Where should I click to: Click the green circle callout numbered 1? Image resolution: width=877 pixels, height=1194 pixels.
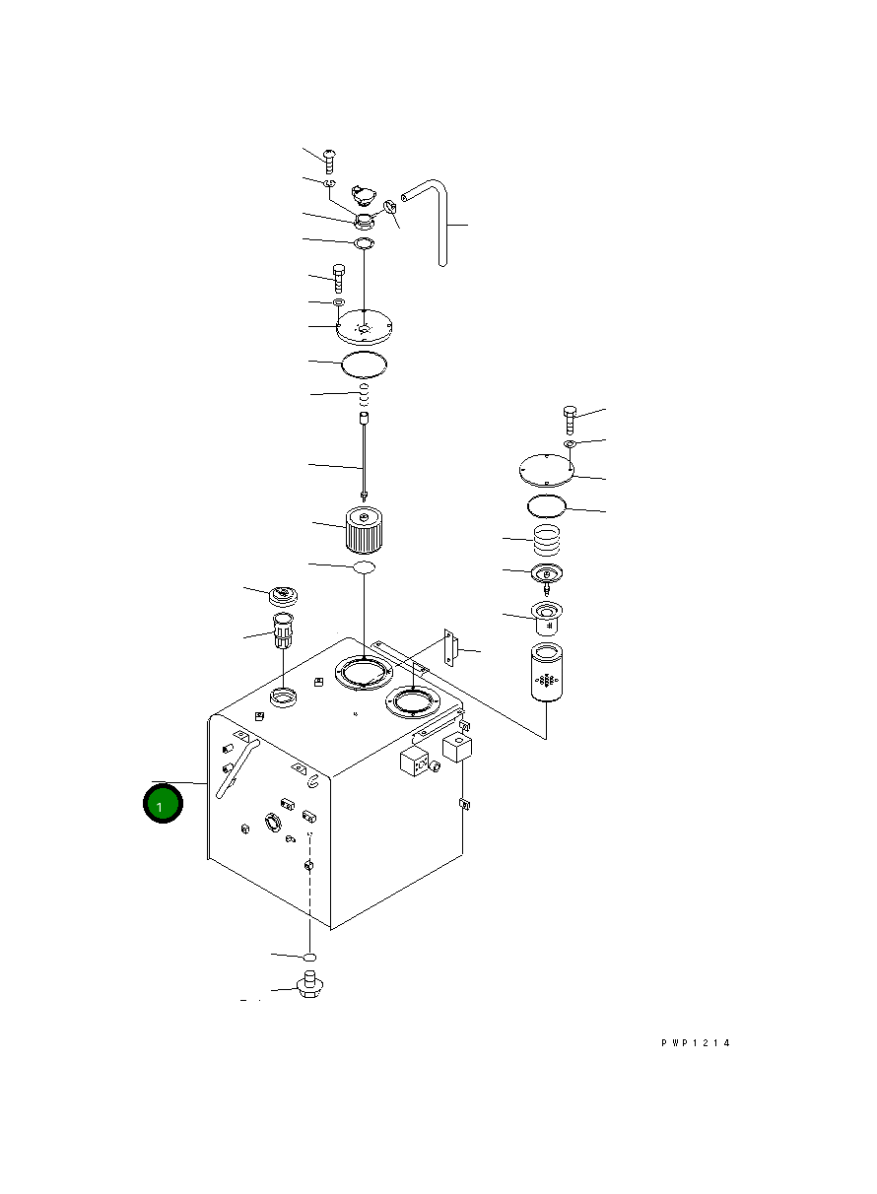click(163, 804)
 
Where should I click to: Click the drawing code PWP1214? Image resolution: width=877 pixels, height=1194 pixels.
click(695, 1043)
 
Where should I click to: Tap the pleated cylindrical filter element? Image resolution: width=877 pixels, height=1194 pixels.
click(363, 530)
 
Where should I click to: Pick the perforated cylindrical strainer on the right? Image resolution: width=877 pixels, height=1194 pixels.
click(545, 672)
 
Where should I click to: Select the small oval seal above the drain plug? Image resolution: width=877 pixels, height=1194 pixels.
click(310, 957)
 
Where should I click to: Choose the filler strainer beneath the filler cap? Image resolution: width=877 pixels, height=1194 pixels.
click(283, 629)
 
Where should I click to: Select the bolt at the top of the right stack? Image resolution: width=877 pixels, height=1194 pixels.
click(571, 417)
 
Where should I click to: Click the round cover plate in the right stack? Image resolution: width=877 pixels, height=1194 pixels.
click(546, 469)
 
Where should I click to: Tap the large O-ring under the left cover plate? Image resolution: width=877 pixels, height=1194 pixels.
click(364, 365)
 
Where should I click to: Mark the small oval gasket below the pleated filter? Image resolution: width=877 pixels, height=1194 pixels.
click(364, 568)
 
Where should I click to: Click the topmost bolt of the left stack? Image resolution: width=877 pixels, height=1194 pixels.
click(330, 159)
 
